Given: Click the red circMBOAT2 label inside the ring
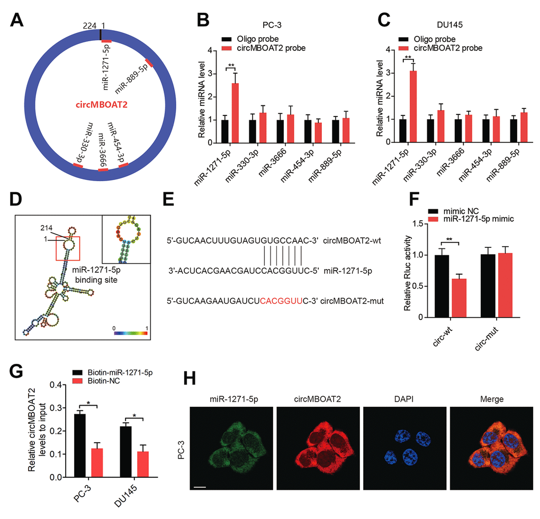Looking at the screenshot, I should click(x=101, y=105).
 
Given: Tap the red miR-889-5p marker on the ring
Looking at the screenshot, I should click(x=149, y=63).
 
